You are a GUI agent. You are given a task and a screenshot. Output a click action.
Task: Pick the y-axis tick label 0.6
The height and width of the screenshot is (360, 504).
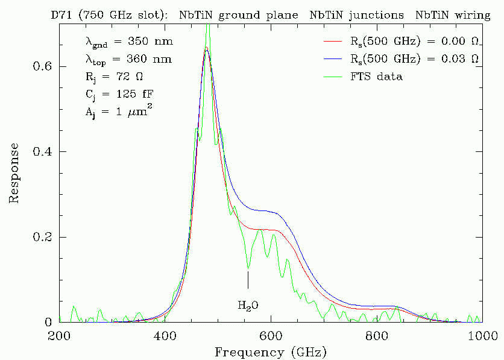[42, 67]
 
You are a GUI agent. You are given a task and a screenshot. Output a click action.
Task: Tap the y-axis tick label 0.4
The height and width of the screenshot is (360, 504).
[42, 152]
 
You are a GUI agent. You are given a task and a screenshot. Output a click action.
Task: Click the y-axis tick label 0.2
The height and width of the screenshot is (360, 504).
[42, 237]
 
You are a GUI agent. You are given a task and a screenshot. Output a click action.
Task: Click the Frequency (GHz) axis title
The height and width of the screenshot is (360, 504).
[270, 350]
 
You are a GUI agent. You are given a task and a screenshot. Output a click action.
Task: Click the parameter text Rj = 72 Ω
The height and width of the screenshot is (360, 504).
[115, 77]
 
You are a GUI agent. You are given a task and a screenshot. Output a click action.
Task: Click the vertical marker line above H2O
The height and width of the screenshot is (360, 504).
[248, 280]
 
